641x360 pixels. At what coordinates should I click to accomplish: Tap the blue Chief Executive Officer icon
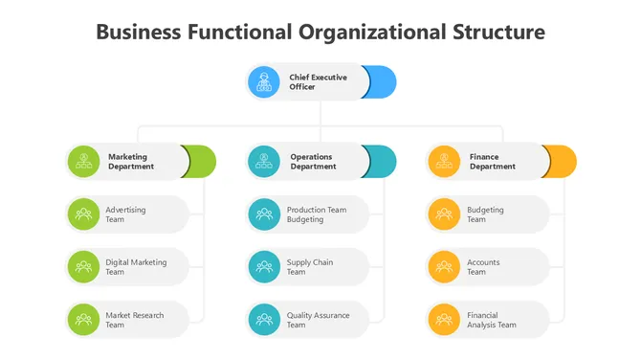click(264, 82)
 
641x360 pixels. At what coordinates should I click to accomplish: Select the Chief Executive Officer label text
click(318, 82)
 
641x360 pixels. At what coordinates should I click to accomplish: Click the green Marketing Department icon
click(84, 161)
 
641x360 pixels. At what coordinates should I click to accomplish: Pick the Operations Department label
click(313, 162)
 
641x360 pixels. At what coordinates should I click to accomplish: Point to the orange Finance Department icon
click(444, 161)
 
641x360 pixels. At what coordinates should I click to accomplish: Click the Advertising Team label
click(125, 214)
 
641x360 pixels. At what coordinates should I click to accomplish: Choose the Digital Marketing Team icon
click(84, 267)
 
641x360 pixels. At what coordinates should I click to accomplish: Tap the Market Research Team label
click(134, 320)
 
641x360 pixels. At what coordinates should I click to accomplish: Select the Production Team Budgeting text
click(316, 214)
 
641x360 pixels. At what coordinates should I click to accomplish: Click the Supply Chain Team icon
click(264, 267)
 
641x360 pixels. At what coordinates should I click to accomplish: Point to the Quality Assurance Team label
click(318, 320)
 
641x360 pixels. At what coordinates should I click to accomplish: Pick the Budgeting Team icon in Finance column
click(444, 214)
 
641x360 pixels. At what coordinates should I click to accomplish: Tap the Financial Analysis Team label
click(491, 320)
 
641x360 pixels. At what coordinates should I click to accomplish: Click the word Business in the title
click(139, 32)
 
